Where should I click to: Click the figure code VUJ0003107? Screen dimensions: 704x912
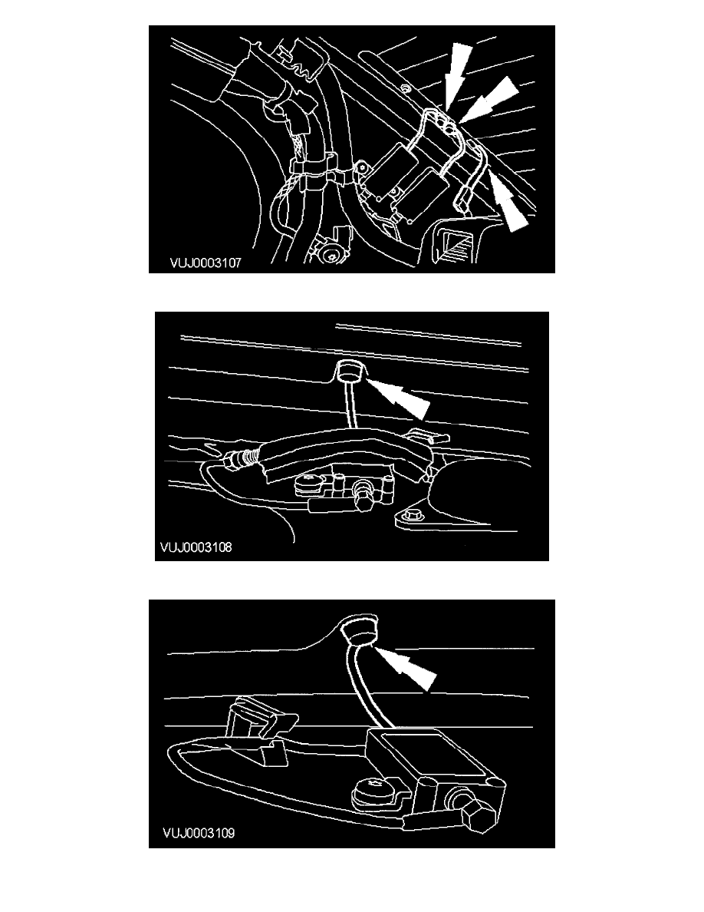coord(205,263)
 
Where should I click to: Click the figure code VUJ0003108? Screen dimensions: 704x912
coord(196,547)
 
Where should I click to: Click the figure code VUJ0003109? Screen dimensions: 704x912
coord(199,834)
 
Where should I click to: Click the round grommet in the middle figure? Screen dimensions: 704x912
coord(347,371)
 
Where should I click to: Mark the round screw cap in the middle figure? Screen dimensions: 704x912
coord(306,483)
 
